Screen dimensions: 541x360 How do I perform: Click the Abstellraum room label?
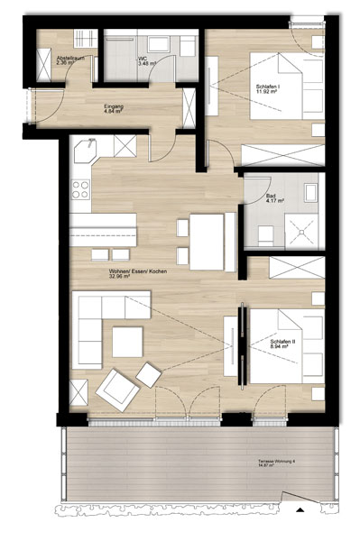[70, 60]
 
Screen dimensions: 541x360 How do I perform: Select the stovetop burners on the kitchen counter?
[80, 190]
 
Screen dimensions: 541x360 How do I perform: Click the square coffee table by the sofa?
[128, 341]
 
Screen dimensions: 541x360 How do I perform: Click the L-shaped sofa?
[95, 325]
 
